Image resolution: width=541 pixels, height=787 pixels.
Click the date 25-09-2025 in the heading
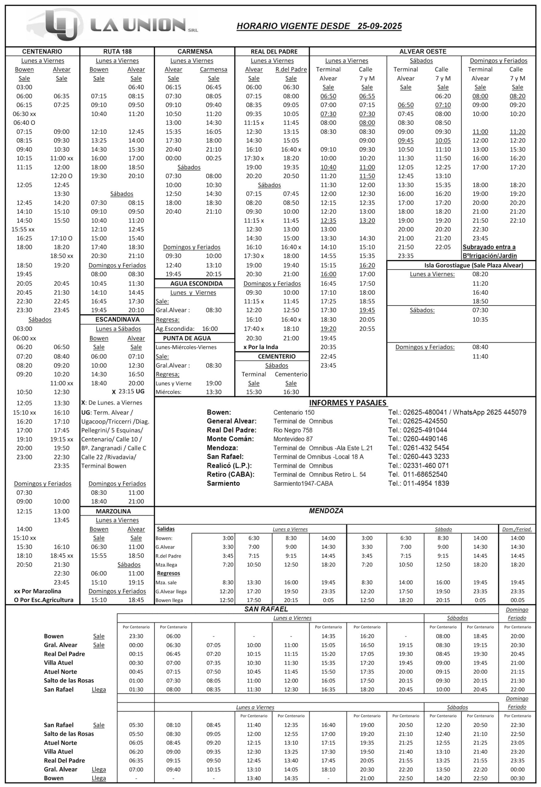point(379,26)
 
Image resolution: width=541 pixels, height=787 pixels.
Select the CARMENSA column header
point(195,52)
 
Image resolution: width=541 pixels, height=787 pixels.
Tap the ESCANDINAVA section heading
point(117,319)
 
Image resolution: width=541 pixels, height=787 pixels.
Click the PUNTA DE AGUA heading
point(187,338)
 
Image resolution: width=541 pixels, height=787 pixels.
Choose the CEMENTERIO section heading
point(277,356)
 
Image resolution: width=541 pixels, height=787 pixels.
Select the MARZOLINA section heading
point(113,511)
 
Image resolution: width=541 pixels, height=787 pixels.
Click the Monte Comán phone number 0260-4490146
point(425,439)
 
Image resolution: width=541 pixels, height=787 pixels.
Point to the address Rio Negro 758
point(293,430)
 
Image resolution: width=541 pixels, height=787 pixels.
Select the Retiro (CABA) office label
point(231,474)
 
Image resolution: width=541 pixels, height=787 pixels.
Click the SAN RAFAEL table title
point(266,609)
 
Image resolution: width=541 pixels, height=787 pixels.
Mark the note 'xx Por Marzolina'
point(38,591)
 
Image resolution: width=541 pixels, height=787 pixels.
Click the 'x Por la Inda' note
point(261,347)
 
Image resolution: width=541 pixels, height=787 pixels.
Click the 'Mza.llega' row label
point(166,565)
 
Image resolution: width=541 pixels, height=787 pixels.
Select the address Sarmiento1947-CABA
point(303,483)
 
